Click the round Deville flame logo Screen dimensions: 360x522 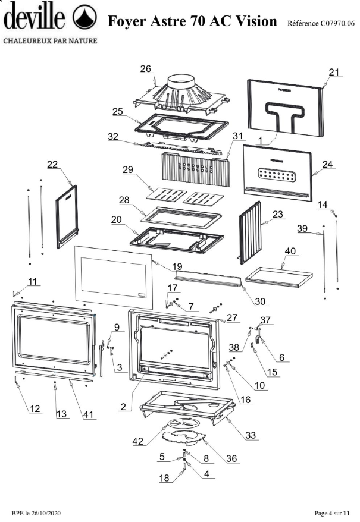pos(84,17)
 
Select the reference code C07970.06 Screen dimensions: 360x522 pos(337,23)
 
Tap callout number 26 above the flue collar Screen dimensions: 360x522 pos(146,68)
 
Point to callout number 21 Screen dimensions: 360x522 pos(334,72)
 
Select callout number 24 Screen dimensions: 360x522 pos(327,164)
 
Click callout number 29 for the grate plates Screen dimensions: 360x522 pos(128,169)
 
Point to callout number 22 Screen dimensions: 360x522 pos(52,164)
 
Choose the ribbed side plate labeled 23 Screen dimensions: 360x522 pos(250,232)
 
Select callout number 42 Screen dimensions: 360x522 pos(137,441)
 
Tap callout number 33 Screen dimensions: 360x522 pos(251,435)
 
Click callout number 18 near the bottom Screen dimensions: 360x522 pos(164,478)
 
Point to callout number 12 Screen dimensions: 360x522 pos(35,408)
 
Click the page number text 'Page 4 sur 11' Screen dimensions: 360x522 pos(332,513)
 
